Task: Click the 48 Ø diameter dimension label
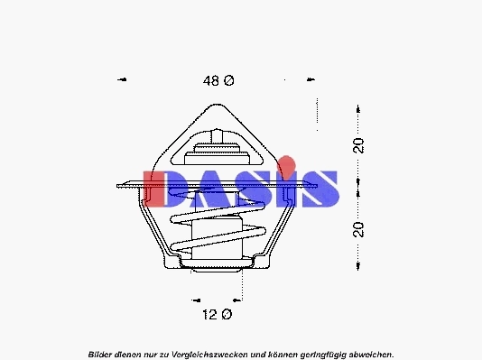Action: (218, 81)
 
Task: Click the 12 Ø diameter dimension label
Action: (216, 314)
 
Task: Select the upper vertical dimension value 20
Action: (358, 145)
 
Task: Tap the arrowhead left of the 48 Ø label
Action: (122, 80)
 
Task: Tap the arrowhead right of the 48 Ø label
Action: (313, 80)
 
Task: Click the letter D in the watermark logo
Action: (165, 189)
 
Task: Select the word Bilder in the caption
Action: (103, 354)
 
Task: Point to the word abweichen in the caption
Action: (367, 354)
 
